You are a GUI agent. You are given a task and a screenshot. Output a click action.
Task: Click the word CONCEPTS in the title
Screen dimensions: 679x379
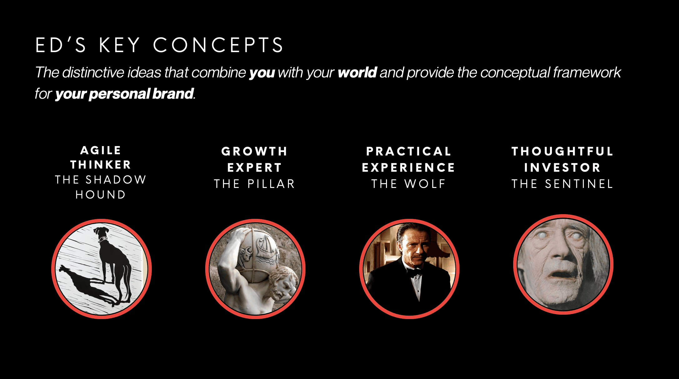tap(218, 45)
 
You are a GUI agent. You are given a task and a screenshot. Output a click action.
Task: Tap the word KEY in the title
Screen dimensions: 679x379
tap(119, 45)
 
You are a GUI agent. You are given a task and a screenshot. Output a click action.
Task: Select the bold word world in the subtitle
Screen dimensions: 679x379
tap(357, 72)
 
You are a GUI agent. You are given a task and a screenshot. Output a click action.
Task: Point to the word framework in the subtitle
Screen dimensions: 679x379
tap(587, 72)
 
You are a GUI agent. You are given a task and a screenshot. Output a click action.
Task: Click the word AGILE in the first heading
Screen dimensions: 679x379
tap(101, 150)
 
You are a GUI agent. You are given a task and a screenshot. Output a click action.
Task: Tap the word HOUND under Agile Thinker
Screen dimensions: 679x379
tap(101, 195)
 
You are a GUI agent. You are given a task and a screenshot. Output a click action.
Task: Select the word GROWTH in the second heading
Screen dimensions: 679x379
tap(255, 151)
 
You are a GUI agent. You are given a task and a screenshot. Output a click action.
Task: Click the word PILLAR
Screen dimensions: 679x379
tap(271, 184)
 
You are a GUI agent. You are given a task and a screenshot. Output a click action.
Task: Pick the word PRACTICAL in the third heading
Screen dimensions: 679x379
tap(409, 151)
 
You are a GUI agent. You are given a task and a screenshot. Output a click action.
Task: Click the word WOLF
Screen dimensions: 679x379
tap(425, 184)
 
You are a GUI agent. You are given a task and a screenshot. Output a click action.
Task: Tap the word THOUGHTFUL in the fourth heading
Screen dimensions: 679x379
tap(563, 151)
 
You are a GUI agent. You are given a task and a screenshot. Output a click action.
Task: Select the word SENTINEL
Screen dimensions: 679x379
tap(579, 184)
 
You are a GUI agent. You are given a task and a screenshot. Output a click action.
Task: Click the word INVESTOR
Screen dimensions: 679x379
tap(563, 168)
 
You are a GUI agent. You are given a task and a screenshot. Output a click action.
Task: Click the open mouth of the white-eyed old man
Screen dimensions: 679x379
tap(559, 276)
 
